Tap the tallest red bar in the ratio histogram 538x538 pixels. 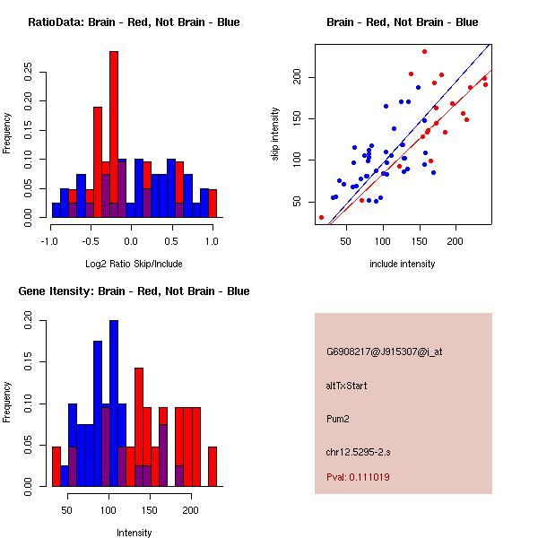(114, 134)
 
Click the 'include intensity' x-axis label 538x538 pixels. (402, 265)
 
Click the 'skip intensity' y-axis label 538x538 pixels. (276, 134)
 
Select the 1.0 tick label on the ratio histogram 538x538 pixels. (212, 240)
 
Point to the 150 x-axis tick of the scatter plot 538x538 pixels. (419, 240)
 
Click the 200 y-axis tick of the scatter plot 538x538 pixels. (302, 77)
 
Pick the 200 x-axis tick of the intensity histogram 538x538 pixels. (190, 509)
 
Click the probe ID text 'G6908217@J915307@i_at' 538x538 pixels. (384, 351)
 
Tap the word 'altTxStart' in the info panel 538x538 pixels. (348, 386)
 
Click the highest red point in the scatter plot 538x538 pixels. (424, 52)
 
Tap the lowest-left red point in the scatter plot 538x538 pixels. (321, 217)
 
